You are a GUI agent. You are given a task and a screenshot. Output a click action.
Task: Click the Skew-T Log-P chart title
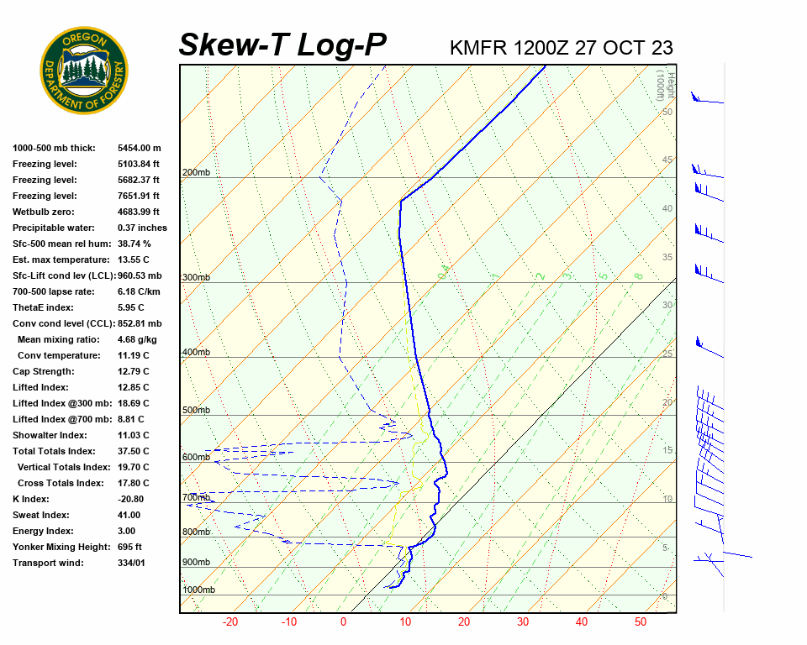pyautogui.click(x=283, y=45)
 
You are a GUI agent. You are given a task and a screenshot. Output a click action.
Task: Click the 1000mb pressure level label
pyautogui.click(x=198, y=590)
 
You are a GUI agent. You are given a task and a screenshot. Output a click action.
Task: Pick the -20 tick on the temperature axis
pyautogui.click(x=230, y=622)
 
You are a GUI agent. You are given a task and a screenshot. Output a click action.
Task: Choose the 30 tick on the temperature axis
pyautogui.click(x=523, y=622)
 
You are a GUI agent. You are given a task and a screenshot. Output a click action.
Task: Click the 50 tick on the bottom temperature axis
pyautogui.click(x=641, y=622)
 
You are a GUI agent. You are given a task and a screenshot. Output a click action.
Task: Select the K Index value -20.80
pyautogui.click(x=130, y=499)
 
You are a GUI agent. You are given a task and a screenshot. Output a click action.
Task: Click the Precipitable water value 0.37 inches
pyautogui.click(x=142, y=228)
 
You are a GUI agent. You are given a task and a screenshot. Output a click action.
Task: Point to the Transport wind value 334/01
pyautogui.click(x=131, y=563)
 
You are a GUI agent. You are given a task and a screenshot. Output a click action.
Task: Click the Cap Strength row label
pyautogui.click(x=44, y=371)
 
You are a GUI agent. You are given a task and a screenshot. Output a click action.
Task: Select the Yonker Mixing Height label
pyautogui.click(x=61, y=547)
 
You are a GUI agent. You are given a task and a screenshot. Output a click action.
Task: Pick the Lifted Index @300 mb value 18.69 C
pyautogui.click(x=133, y=403)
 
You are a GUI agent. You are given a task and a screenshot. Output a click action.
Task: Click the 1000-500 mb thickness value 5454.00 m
pyautogui.click(x=139, y=148)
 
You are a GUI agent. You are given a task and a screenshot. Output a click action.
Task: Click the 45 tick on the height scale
pyautogui.click(x=667, y=160)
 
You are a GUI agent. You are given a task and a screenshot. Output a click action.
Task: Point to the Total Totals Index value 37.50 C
pyautogui.click(x=133, y=451)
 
